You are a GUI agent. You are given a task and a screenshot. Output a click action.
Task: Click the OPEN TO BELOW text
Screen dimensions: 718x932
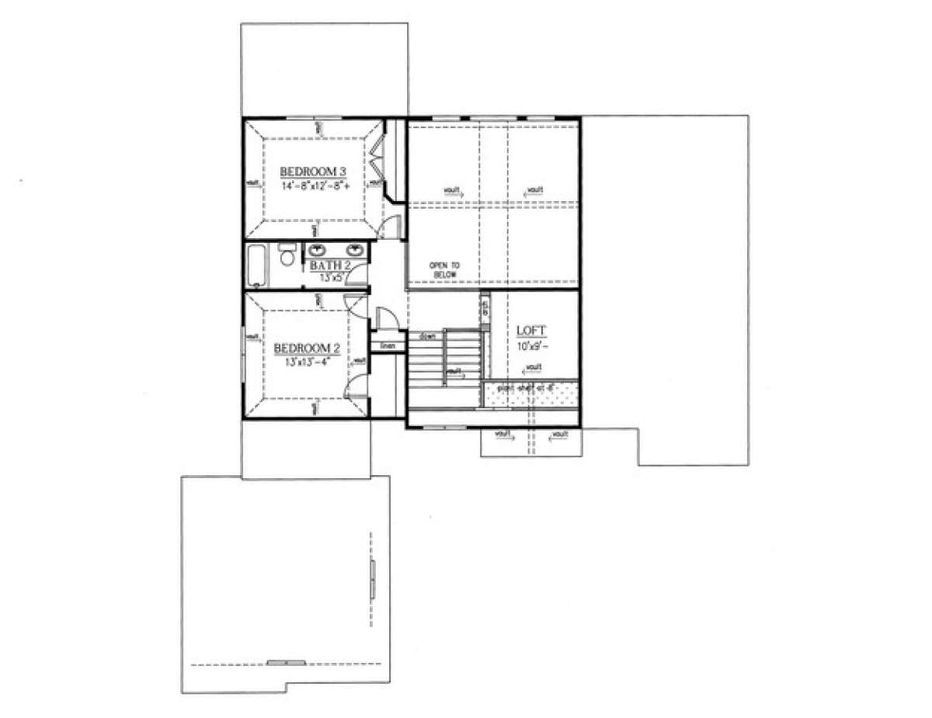[x=444, y=270]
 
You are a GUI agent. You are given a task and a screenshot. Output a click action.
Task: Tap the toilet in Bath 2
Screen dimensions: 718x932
[x=287, y=256]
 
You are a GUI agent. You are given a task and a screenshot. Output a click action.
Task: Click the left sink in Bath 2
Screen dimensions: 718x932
[x=318, y=250]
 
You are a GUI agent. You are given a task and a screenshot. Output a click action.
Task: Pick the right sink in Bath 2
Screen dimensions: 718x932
[x=356, y=250]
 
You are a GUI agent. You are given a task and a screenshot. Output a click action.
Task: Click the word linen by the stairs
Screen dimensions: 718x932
[x=388, y=345]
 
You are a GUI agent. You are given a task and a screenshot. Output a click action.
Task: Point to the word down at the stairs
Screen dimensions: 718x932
[x=426, y=336]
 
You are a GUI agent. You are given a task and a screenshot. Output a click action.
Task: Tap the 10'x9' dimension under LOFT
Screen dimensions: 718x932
[x=531, y=345]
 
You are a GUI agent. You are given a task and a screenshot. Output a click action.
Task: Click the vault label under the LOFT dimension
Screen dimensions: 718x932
[x=533, y=367]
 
